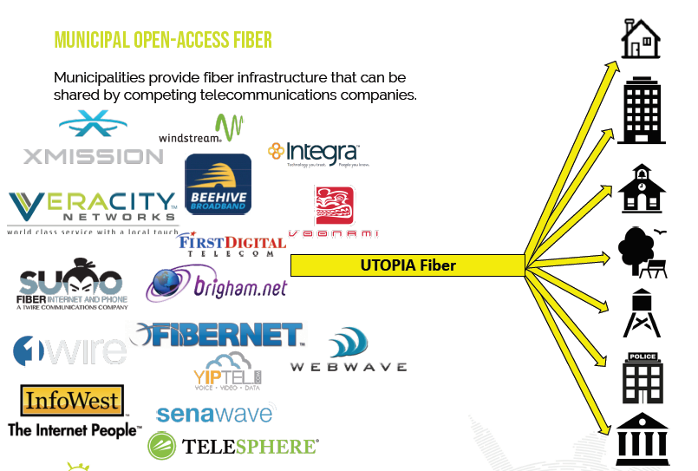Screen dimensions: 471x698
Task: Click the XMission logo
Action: click(93, 139)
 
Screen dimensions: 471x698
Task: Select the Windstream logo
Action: click(201, 130)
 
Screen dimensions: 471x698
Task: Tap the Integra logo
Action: click(313, 154)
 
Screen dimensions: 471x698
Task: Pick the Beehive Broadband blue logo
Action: click(218, 184)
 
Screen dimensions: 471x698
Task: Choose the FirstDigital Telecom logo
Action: click(232, 245)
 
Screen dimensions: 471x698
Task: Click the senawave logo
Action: click(215, 413)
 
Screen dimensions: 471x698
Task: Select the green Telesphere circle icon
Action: click(162, 446)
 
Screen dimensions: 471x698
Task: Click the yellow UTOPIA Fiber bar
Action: click(408, 265)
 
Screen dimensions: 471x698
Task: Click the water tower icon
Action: click(642, 313)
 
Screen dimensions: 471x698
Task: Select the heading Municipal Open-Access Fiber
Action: click(163, 40)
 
